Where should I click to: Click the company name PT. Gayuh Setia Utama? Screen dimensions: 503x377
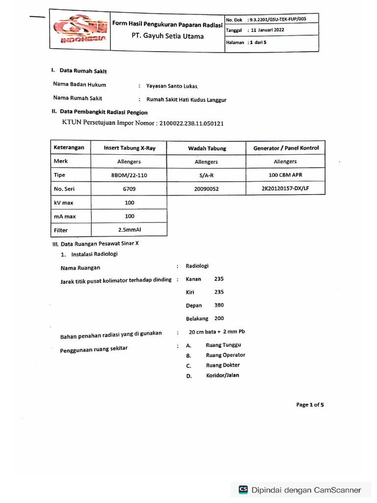point(167,36)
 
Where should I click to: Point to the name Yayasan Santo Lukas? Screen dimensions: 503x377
point(172,86)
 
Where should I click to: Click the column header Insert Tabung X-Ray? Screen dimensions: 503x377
point(129,148)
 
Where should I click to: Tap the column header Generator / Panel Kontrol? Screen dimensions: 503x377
point(286,148)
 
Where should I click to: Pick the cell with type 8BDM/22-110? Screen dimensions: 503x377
point(129,175)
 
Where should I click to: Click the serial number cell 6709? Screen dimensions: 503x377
point(129,189)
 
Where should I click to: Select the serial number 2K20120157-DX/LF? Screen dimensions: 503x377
point(285,188)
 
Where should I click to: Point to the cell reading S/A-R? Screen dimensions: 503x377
point(206,175)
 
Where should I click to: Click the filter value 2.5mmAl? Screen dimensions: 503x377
point(129,229)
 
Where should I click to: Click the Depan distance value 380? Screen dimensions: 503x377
point(219,305)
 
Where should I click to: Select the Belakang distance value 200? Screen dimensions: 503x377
point(219,318)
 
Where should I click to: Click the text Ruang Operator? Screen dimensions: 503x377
point(225,355)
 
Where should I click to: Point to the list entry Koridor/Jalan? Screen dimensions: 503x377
point(223,376)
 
